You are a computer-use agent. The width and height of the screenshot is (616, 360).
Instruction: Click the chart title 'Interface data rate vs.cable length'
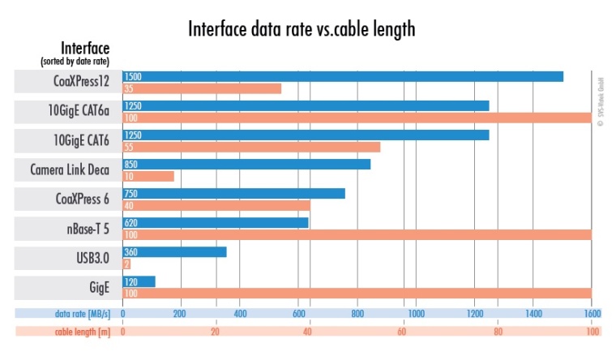[302, 30]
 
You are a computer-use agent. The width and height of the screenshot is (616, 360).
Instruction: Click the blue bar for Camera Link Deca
[246, 164]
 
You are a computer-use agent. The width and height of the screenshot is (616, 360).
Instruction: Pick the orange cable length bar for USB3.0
[126, 264]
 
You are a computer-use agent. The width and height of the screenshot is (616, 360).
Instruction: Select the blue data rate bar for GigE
[138, 281]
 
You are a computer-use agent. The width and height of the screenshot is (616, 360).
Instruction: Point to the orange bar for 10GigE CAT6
[250, 147]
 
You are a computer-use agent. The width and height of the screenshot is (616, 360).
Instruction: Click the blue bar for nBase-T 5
[215, 222]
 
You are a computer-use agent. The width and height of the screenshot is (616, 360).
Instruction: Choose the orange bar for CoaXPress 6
[216, 205]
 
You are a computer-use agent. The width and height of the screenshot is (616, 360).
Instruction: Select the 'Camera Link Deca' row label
[70, 170]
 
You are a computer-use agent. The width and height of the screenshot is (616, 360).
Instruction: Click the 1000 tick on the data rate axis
[415, 313]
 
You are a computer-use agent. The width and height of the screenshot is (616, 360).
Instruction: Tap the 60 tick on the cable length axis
[403, 332]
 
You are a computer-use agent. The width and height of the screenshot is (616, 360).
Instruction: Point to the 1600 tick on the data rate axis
[591, 313]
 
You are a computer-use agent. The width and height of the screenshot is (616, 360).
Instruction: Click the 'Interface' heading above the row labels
[85, 48]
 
